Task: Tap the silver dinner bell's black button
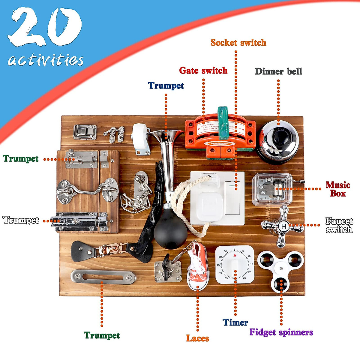pyautogui.click(x=280, y=137)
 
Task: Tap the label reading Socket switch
pyautogui.click(x=238, y=43)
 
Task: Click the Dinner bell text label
pyautogui.click(x=278, y=71)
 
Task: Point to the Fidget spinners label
pyautogui.click(x=281, y=332)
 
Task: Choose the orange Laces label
pyautogui.click(x=197, y=338)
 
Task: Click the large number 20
pyautogui.click(x=45, y=27)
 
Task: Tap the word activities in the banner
pyautogui.click(x=46, y=60)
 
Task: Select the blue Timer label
pyautogui.click(x=235, y=322)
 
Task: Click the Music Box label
pyautogui.click(x=338, y=189)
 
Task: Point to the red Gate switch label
pyautogui.click(x=203, y=70)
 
